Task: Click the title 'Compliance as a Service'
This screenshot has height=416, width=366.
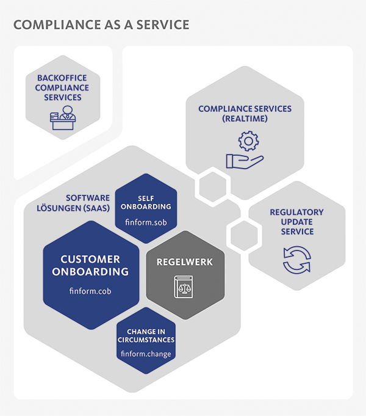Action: (101, 24)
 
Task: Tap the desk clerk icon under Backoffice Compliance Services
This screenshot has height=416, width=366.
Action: (63, 118)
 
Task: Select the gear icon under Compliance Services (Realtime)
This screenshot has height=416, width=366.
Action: (248, 141)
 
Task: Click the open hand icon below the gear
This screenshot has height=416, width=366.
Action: (245, 161)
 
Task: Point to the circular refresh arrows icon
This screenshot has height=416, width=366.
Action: (297, 260)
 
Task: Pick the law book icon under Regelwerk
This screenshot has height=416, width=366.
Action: (184, 286)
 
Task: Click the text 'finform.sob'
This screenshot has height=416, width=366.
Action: (146, 222)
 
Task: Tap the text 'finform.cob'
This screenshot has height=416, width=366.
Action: (90, 291)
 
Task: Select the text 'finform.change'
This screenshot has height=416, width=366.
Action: (146, 354)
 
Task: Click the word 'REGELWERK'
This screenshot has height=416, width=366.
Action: (185, 262)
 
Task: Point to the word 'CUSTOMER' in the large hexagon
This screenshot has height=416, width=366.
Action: (90, 259)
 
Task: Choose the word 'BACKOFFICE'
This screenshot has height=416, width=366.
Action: (62, 78)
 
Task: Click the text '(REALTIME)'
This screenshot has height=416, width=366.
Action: (245, 119)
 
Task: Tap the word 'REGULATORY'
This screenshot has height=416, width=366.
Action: (297, 212)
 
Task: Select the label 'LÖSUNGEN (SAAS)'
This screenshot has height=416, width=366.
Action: (73, 208)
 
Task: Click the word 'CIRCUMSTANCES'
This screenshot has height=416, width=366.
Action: (146, 340)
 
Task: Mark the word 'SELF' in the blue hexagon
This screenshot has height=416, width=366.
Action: (146, 198)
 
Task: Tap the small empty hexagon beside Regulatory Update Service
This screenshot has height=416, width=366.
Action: (244, 235)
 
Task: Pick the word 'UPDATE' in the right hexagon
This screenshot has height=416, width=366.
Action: (297, 222)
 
